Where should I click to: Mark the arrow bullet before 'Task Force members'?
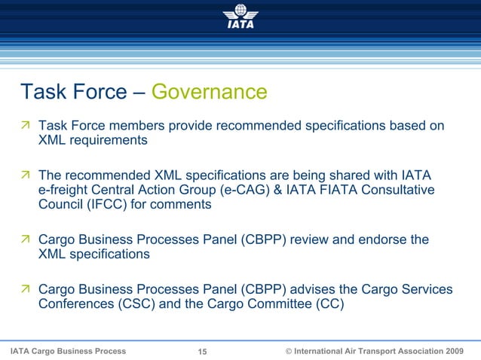click(x=26, y=125)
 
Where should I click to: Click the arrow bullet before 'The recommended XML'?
click(x=26, y=175)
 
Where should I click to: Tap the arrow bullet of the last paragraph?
click(x=26, y=290)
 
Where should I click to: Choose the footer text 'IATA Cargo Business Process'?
click(x=68, y=352)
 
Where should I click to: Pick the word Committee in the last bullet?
click(x=279, y=304)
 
